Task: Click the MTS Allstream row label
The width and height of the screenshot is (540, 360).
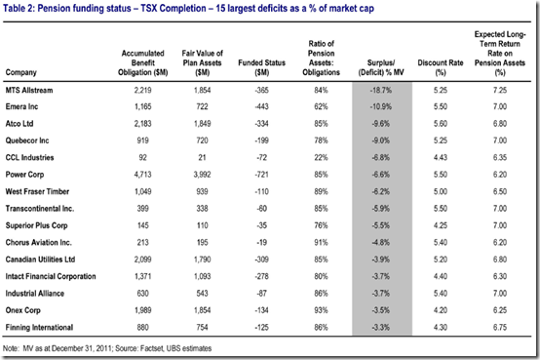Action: click(x=29, y=91)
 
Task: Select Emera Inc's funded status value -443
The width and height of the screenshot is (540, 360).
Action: click(x=262, y=107)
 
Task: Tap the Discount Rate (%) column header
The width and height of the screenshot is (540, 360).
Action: click(x=441, y=67)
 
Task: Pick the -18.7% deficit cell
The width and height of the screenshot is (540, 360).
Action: click(x=381, y=91)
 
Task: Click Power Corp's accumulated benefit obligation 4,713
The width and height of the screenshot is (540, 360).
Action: click(x=142, y=175)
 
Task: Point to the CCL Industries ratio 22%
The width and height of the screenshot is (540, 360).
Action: click(x=321, y=158)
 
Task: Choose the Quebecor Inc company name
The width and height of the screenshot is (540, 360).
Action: click(x=27, y=140)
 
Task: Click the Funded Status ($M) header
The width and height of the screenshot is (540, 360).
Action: click(x=262, y=67)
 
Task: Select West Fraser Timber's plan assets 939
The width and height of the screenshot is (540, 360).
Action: click(x=202, y=192)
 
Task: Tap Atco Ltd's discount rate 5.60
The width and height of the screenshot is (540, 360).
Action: click(x=441, y=124)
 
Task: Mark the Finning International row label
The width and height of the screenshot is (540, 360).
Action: click(x=39, y=328)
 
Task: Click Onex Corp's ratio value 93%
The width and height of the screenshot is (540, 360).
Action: click(x=321, y=310)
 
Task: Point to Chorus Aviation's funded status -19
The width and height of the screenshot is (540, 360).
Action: click(x=262, y=243)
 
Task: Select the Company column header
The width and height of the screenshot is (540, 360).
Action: click(x=21, y=72)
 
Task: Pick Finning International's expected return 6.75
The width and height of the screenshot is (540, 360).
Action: click(x=500, y=328)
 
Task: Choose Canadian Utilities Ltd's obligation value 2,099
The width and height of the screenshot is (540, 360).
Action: click(x=142, y=260)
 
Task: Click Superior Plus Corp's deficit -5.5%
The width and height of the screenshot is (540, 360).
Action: click(x=381, y=226)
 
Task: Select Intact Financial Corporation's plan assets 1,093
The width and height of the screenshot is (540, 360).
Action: click(x=202, y=276)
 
